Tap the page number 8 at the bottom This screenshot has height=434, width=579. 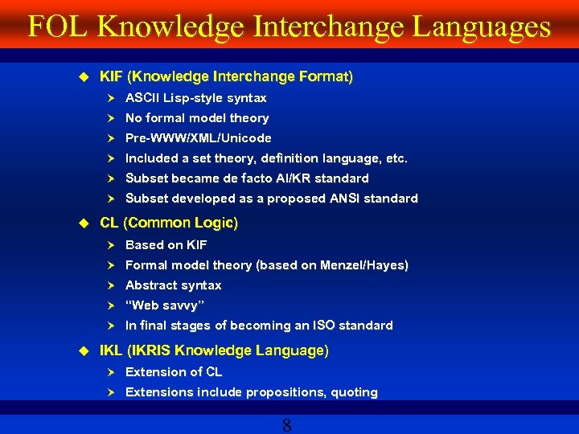[x=287, y=425]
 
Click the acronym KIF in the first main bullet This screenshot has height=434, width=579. [x=111, y=77]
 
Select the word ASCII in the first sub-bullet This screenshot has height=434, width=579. [x=142, y=98]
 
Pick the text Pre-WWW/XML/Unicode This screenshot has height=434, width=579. [x=198, y=138]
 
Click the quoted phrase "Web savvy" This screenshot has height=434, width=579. [x=165, y=305]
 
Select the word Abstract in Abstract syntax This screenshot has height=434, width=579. [x=151, y=285]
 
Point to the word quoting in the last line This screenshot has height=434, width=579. [x=355, y=392]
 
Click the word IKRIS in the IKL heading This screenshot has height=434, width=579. [x=148, y=351]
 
